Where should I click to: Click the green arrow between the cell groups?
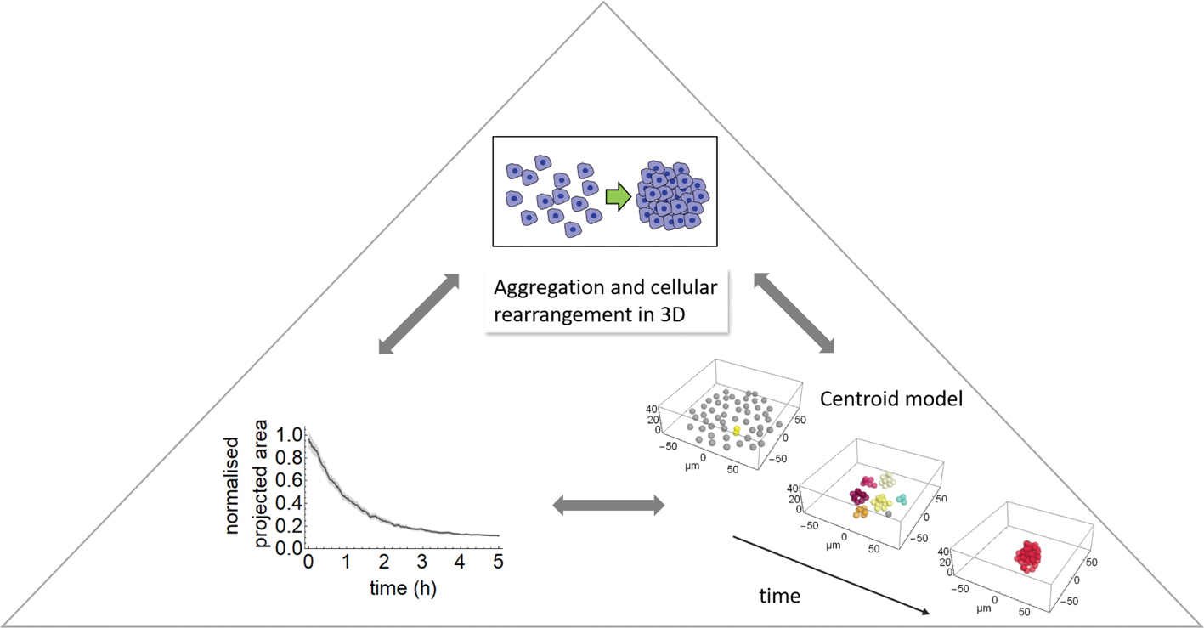pos(617,198)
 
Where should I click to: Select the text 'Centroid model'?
pos(890,398)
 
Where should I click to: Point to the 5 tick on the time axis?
pos(498,562)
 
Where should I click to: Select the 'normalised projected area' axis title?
pos(246,484)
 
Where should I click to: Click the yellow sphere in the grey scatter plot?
pos(736,432)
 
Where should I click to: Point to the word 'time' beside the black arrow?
pos(779,596)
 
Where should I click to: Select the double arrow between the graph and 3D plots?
pos(608,506)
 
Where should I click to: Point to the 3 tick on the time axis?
pos(422,562)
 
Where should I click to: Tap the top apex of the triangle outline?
pos(602,3)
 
